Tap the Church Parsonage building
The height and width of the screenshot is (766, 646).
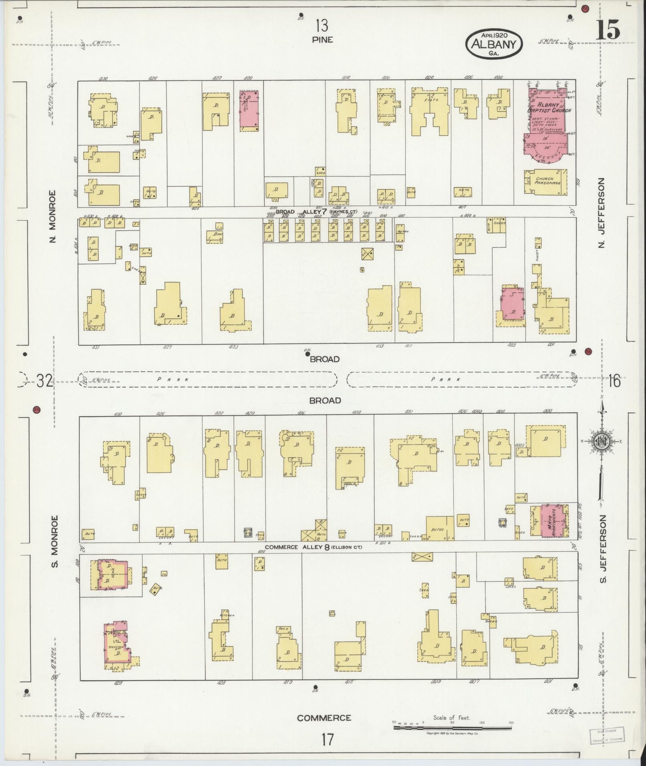pos(545,181)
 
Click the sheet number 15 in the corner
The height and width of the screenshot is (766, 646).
pos(608,30)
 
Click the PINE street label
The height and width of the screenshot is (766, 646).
pos(322,40)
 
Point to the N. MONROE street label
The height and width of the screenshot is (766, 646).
pos(52,216)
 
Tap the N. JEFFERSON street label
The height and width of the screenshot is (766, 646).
pos(600,213)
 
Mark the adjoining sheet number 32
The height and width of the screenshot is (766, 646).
pos(44,380)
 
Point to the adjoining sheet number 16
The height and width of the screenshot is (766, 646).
pos(614,380)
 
